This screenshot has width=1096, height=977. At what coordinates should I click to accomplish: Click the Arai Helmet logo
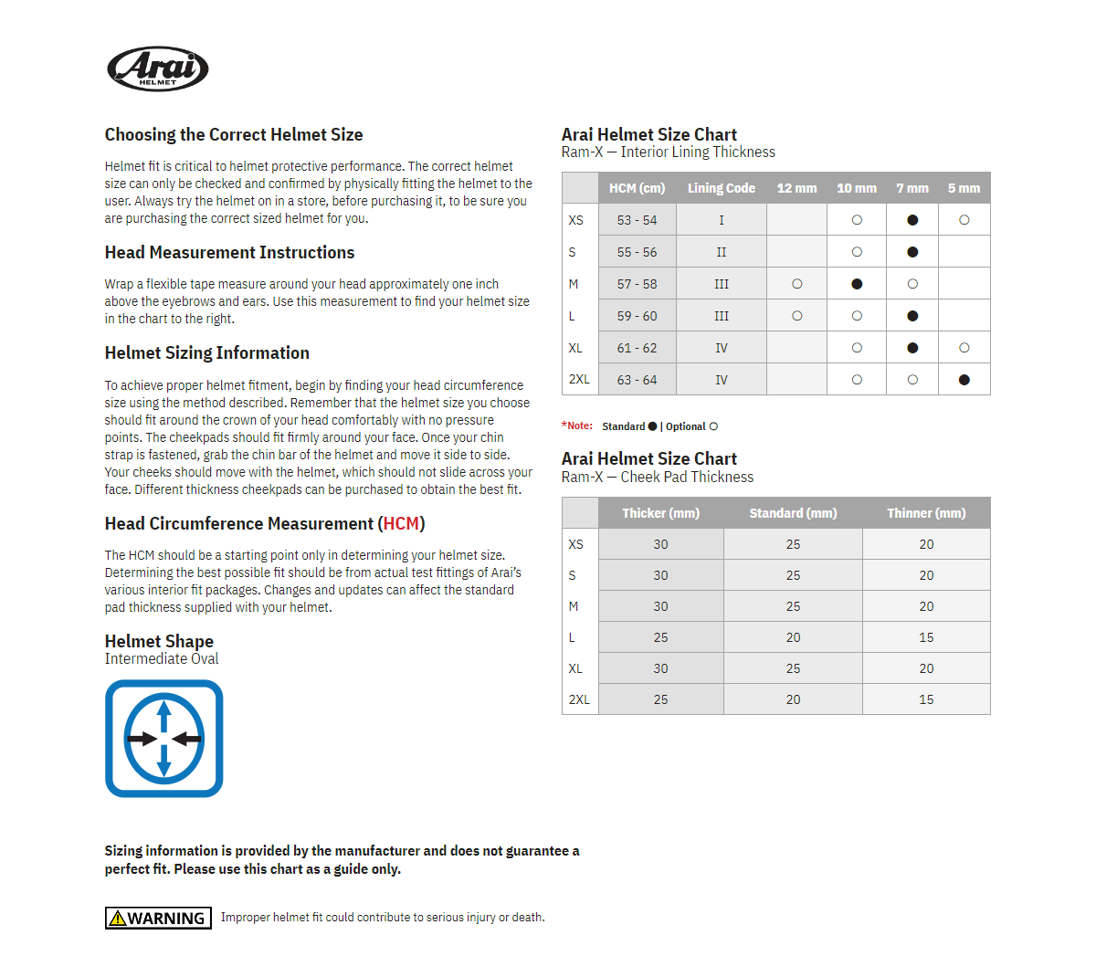tap(158, 68)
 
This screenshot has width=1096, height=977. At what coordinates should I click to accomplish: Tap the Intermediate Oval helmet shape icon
tap(164, 739)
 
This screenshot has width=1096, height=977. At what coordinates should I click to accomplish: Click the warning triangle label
tap(158, 918)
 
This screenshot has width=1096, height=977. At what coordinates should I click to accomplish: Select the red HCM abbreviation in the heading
tap(401, 524)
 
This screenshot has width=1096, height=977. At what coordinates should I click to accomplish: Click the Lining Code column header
tap(721, 188)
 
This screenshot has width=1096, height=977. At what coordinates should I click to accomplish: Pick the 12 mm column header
tap(796, 188)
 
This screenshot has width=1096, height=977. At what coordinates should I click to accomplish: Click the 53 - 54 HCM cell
tap(637, 220)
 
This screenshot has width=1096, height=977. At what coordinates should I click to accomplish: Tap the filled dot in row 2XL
tap(964, 380)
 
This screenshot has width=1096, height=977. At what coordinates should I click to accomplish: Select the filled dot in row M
tap(857, 284)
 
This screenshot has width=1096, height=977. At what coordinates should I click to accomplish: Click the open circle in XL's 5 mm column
tap(964, 348)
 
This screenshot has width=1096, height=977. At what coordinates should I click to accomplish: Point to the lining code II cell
tap(721, 252)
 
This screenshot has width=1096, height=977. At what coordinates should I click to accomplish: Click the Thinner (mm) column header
tap(926, 513)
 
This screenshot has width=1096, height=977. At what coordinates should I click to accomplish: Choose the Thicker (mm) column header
tap(660, 513)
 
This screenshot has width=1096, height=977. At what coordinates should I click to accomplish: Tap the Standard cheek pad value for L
tap(793, 637)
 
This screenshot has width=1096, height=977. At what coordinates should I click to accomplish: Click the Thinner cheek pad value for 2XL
tap(926, 699)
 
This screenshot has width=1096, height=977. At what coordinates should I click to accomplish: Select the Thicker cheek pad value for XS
tap(660, 544)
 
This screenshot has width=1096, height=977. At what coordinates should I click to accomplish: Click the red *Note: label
tap(577, 426)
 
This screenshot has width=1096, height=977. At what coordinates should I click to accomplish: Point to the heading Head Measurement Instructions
tap(229, 253)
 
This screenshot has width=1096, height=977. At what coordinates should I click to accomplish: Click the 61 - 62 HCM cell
tap(637, 348)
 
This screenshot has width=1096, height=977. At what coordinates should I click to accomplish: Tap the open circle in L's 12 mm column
tap(797, 316)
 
